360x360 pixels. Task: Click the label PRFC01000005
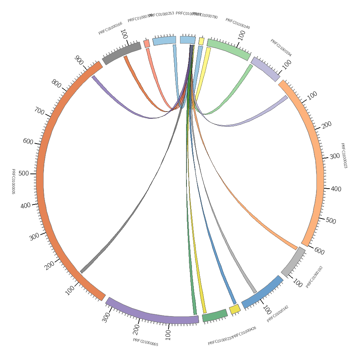[13, 181]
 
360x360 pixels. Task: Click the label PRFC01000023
[344, 156]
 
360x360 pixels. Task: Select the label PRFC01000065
[145, 342]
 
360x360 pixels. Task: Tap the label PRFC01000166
[110, 28]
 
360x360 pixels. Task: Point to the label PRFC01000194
[281, 48]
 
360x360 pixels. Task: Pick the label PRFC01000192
[314, 277]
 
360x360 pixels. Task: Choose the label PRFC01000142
[278, 314]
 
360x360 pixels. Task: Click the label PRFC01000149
[238, 23]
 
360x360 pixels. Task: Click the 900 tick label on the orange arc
[79, 59]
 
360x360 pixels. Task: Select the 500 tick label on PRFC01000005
[23, 174]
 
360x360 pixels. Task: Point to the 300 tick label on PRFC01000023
[335, 156]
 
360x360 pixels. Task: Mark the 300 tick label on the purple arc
[106, 318]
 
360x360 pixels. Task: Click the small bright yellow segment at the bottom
[235, 309]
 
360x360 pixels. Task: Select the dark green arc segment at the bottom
[215, 315]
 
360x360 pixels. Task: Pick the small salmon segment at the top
[147, 44]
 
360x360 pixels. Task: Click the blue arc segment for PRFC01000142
[262, 292]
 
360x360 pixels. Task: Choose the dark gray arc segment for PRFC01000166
[122, 53]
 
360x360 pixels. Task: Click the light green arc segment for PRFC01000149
[229, 49]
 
